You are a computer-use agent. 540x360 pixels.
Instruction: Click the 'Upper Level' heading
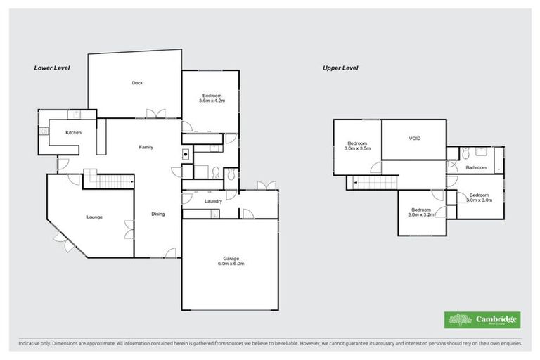pyautogui.click(x=340, y=68)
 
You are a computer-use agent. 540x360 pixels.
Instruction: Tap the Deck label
pyautogui.click(x=137, y=83)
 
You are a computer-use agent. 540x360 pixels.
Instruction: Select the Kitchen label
pyautogui.click(x=74, y=133)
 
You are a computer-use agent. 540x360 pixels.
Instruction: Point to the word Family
pyautogui.click(x=146, y=147)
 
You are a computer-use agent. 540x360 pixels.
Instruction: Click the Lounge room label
pyautogui.click(x=94, y=217)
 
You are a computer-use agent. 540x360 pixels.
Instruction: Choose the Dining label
pyautogui.click(x=157, y=214)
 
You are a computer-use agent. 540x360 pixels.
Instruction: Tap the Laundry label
pyautogui.click(x=214, y=202)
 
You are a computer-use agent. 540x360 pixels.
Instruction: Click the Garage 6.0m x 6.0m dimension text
pyautogui.click(x=229, y=265)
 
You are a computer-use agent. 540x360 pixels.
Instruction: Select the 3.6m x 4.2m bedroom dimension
pyautogui.click(x=212, y=101)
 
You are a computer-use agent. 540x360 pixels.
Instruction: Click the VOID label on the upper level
pyautogui.click(x=414, y=139)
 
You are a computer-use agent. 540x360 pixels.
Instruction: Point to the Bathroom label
pyautogui.click(x=476, y=167)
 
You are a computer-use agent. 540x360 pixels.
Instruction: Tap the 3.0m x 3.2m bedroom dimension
pyautogui.click(x=421, y=214)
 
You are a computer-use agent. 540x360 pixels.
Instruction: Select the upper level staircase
pyautogui.click(x=372, y=184)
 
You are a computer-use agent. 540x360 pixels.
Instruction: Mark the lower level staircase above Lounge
pyautogui.click(x=109, y=181)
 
